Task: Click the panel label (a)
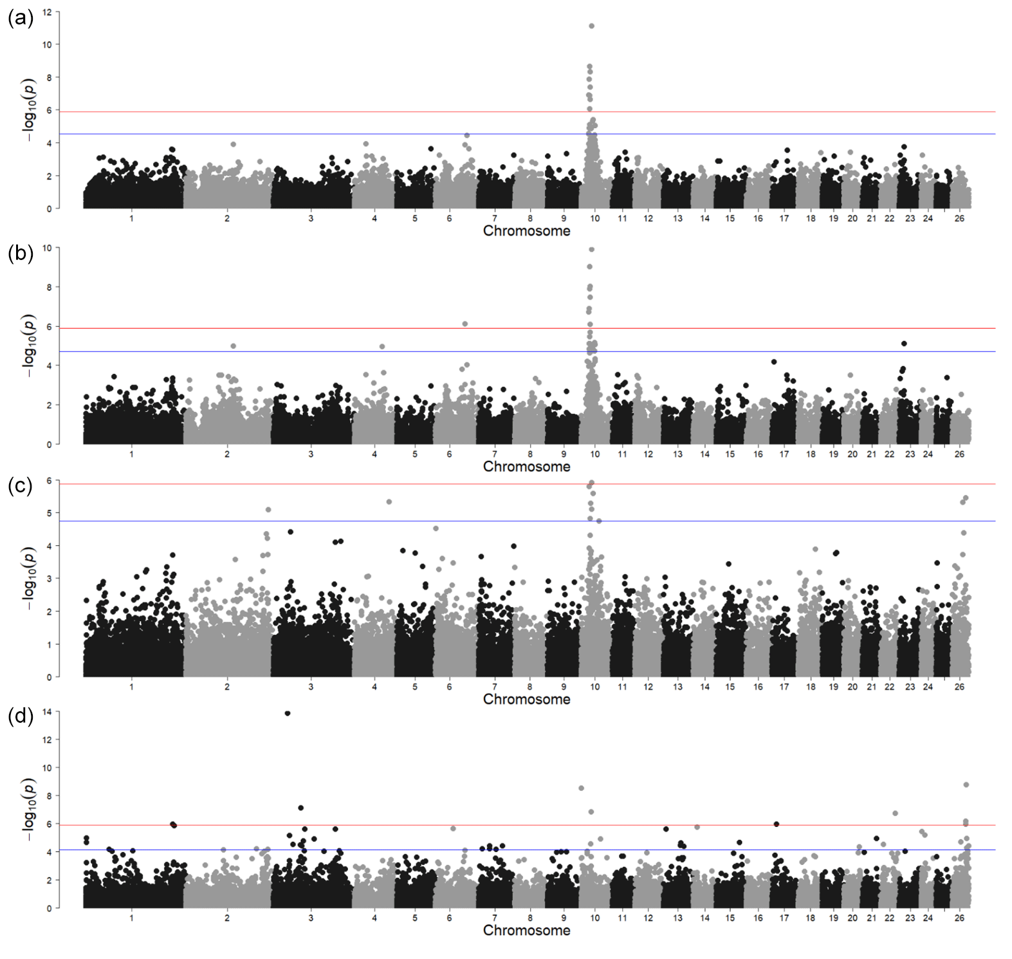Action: (x=21, y=19)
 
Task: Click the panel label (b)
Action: (x=21, y=254)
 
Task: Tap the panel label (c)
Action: (x=21, y=486)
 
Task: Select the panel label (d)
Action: (x=21, y=716)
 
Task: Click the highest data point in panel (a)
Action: (x=591, y=26)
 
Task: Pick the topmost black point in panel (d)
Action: (x=288, y=713)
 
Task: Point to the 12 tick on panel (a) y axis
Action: (x=47, y=12)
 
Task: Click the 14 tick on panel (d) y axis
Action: (x=47, y=712)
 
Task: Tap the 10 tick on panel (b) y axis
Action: (x=47, y=248)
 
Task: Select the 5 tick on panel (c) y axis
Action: (x=48, y=514)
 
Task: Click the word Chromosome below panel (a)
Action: (x=526, y=231)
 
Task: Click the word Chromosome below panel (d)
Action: (x=526, y=931)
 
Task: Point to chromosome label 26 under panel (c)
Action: (x=959, y=687)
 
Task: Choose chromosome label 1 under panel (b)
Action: (x=132, y=454)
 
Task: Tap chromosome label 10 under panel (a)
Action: (x=594, y=218)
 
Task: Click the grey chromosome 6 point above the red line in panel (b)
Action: (x=465, y=324)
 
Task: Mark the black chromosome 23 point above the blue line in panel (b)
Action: (x=904, y=344)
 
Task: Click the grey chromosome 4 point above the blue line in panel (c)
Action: (x=389, y=502)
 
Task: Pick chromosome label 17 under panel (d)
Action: (x=784, y=918)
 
